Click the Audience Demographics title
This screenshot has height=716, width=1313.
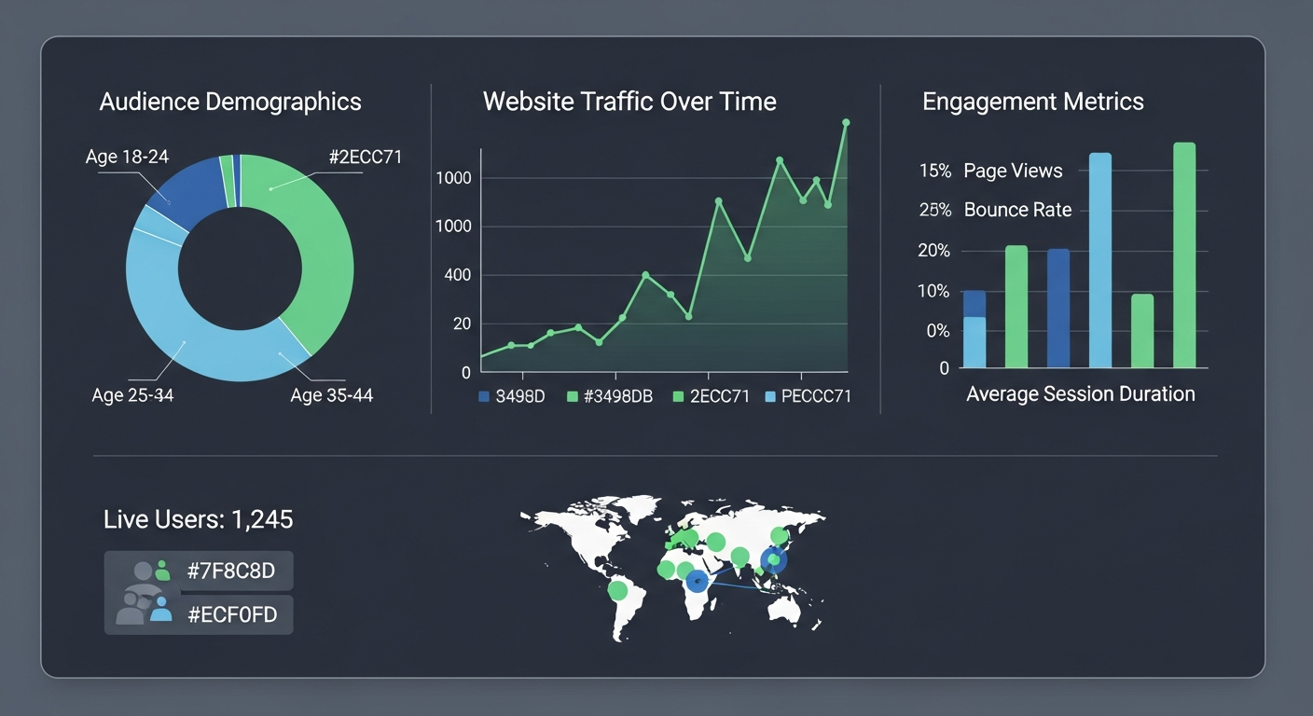coord(230,102)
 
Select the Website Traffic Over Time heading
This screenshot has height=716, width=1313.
coord(629,102)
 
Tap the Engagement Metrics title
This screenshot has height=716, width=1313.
coord(1032,102)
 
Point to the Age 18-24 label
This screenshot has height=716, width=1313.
coord(127,157)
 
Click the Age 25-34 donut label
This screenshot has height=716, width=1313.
coord(132,395)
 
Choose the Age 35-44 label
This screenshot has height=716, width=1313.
coord(331,395)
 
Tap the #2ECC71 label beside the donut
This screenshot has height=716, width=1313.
coord(366,157)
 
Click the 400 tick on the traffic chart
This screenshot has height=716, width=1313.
coord(457,275)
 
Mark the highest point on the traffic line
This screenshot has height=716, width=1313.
coord(846,122)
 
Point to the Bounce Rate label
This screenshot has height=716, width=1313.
coord(1017,210)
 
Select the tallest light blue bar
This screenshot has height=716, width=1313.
coord(1100,260)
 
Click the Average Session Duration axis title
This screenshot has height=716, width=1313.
coord(1080,393)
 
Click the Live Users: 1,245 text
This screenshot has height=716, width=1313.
coord(199,519)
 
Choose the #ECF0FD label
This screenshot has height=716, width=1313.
coord(232,614)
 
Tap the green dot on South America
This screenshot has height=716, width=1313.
coord(617,590)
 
